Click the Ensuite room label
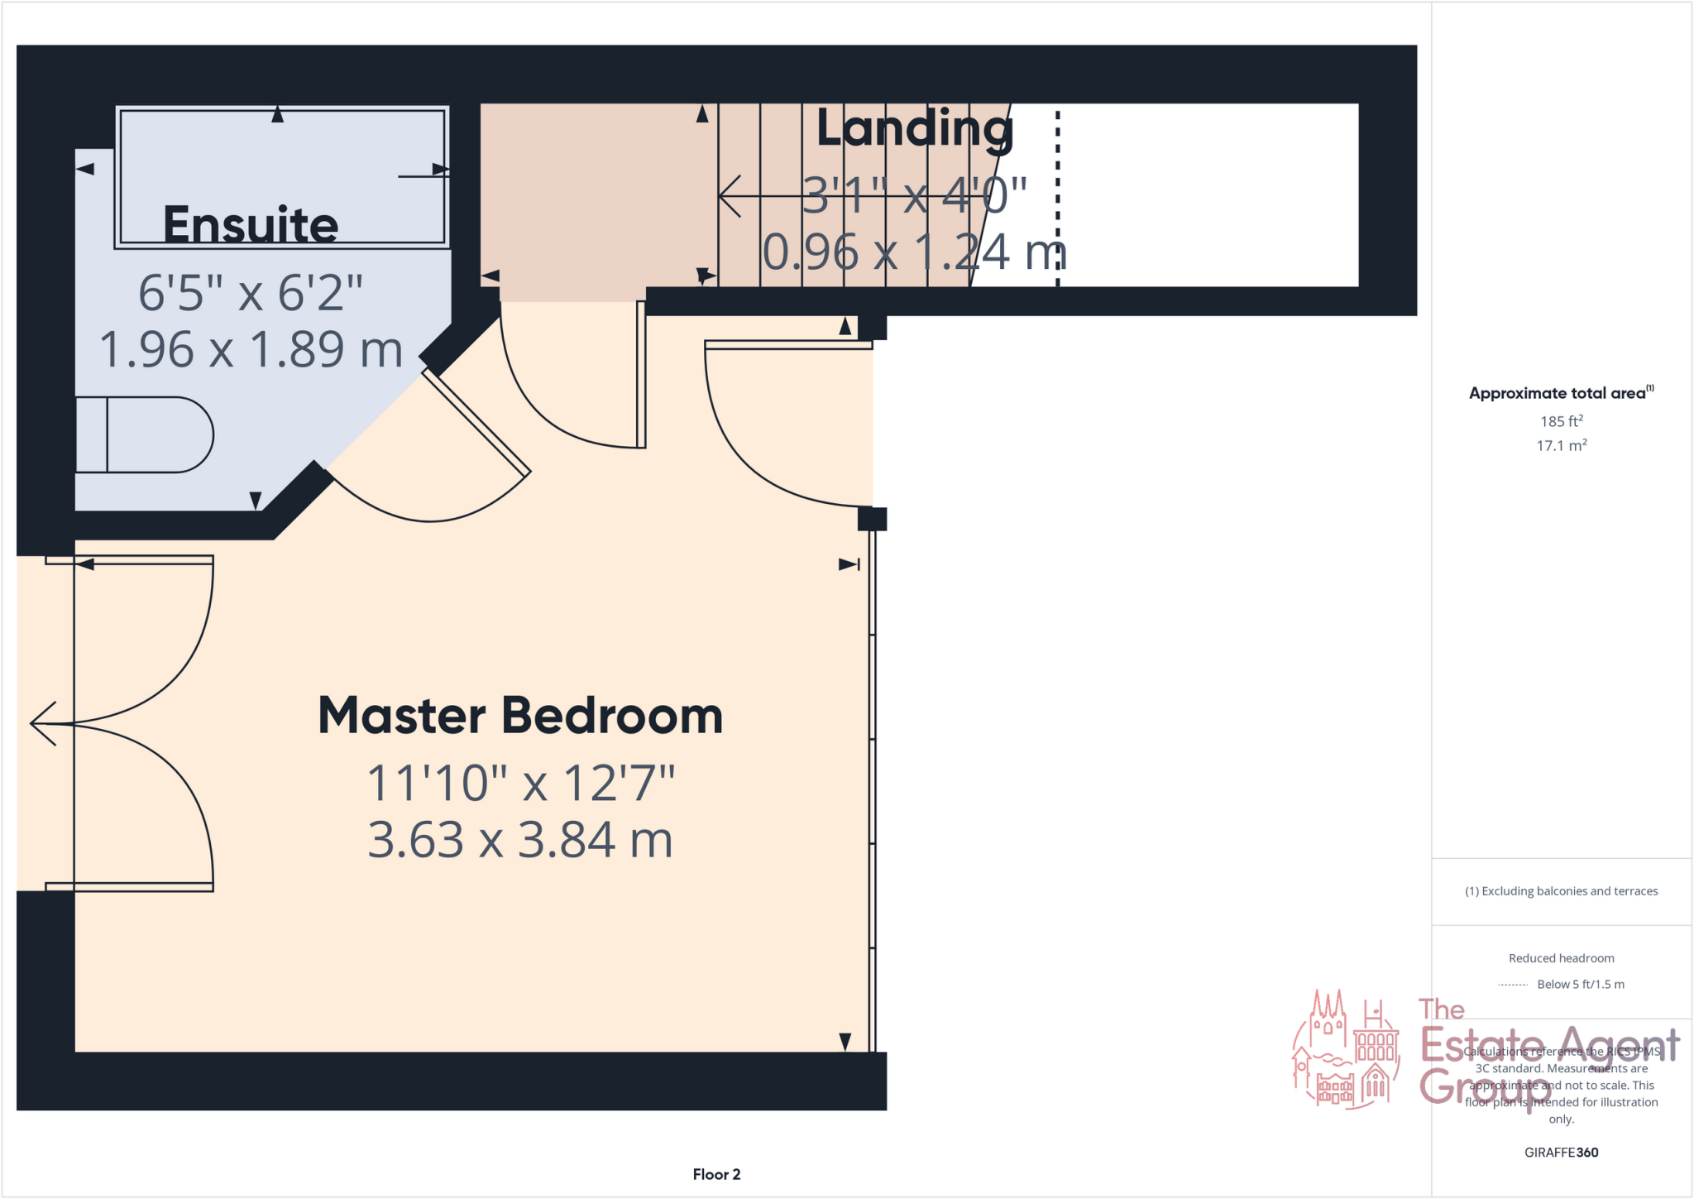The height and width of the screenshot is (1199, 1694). (x=251, y=224)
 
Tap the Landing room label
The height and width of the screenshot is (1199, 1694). (x=914, y=129)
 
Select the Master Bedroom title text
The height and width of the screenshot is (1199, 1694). (x=520, y=716)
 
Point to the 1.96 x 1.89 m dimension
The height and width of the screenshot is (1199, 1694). (x=251, y=349)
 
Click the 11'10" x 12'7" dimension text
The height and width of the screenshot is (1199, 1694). (x=520, y=783)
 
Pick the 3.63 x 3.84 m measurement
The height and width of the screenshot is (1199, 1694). (x=520, y=840)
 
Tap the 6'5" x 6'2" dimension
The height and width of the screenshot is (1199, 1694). (x=251, y=293)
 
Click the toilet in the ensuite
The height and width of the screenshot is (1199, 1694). (x=145, y=435)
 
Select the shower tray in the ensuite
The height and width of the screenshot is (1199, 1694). (x=282, y=176)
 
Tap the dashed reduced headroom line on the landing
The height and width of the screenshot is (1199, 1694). (x=1057, y=199)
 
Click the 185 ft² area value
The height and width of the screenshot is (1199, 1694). (x=1561, y=421)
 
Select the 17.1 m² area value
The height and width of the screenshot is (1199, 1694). (x=1561, y=446)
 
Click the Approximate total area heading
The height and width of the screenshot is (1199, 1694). (x=1560, y=393)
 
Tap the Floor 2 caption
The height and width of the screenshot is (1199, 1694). (x=716, y=1174)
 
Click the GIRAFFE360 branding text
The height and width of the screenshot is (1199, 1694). (x=1561, y=1152)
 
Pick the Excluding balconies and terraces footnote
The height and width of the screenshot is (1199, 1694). (x=1561, y=891)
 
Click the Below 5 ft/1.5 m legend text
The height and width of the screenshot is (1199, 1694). (x=1580, y=984)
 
